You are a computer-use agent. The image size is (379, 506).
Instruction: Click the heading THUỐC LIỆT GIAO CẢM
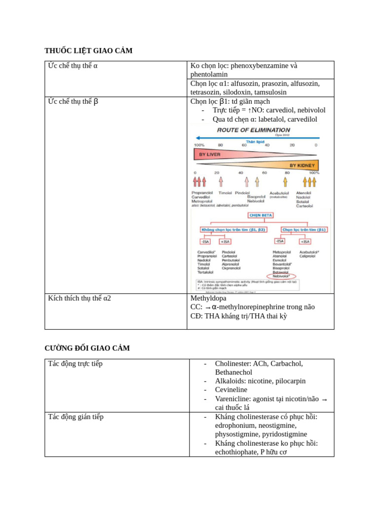point(88,51)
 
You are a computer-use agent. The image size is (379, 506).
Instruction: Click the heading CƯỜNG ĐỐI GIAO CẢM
point(87,348)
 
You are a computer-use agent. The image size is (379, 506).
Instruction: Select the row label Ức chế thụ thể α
point(73,66)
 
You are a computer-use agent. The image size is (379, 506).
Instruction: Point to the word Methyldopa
point(208,298)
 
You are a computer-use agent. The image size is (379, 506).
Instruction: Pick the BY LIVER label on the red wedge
point(210,154)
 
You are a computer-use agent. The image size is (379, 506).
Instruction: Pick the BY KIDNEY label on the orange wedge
point(302,165)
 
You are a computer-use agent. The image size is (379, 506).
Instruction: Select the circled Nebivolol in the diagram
point(281,276)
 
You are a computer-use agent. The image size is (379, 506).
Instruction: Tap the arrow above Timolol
point(221,182)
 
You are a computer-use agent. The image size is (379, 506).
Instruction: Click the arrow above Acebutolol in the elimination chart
point(285,182)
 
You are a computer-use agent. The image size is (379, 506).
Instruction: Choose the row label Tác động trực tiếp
point(75,364)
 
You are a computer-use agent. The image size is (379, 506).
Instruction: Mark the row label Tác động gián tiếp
point(76,417)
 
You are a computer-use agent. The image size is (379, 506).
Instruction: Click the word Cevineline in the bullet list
point(231,390)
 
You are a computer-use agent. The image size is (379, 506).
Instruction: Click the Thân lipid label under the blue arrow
point(256,141)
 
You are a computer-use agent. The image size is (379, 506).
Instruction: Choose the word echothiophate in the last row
point(236,452)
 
